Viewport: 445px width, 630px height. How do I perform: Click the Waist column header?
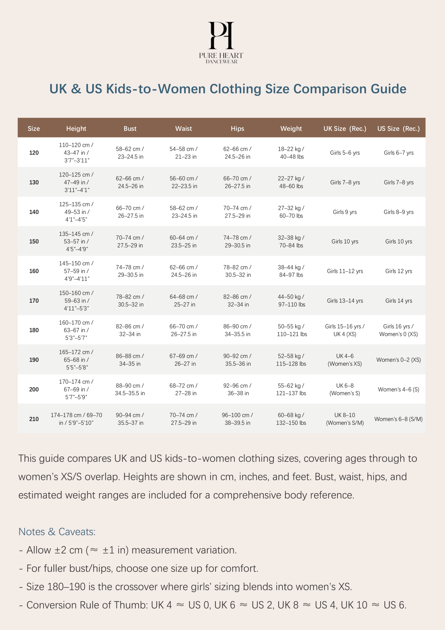pyautogui.click(x=184, y=129)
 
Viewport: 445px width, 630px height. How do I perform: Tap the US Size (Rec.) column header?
pyautogui.click(x=398, y=129)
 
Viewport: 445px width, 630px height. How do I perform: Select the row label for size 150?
pyautogui.click(x=34, y=242)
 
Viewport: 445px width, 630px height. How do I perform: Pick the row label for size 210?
pyautogui.click(x=34, y=419)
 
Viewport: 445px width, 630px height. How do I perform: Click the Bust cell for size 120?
pyautogui.click(x=130, y=153)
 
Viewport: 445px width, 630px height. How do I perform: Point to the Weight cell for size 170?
pyautogui.click(x=291, y=301)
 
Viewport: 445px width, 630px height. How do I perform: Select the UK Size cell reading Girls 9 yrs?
pyautogui.click(x=345, y=212)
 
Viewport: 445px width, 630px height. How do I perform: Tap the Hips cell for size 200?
pyautogui.click(x=237, y=390)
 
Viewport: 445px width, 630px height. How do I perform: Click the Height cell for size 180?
pyautogui.click(x=76, y=330)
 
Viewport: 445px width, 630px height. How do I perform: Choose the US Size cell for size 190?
pyautogui.click(x=398, y=360)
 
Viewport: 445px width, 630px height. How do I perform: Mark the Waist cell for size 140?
pyautogui.click(x=184, y=212)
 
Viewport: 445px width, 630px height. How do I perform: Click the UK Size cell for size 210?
pyautogui.click(x=345, y=419)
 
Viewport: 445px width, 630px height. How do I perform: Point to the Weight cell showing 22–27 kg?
pyautogui.click(x=291, y=182)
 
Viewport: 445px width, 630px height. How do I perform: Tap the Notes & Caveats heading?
pyautogui.click(x=57, y=532)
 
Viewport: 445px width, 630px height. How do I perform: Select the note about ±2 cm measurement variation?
pyautogui.click(x=128, y=550)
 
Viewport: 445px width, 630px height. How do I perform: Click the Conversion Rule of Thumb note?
pyautogui.click(x=212, y=605)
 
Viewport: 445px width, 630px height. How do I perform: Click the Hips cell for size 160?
pyautogui.click(x=237, y=271)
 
